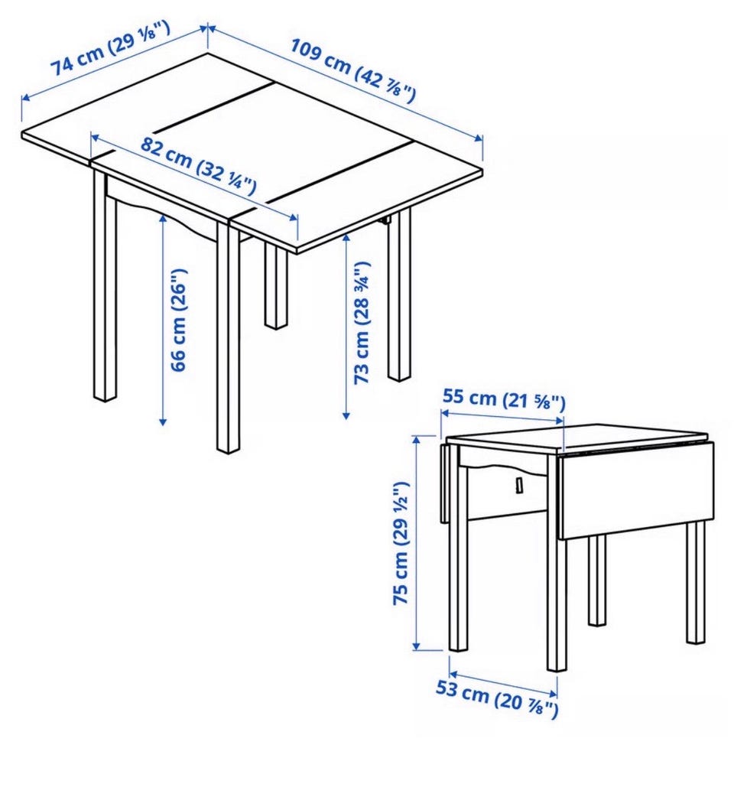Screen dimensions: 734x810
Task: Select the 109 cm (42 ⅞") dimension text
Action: click(352, 70)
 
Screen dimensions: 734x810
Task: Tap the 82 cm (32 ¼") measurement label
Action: click(198, 166)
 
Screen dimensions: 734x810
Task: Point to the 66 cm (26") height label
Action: click(179, 320)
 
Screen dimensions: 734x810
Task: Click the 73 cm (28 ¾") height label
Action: click(362, 323)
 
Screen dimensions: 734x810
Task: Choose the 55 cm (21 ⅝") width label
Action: click(504, 398)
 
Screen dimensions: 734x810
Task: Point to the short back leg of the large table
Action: click(276, 287)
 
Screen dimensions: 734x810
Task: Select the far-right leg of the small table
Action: click(696, 582)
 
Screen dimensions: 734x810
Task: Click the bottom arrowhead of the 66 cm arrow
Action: click(163, 421)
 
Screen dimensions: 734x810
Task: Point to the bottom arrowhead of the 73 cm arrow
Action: click(346, 414)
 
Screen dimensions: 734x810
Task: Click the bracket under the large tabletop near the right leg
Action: click(385, 220)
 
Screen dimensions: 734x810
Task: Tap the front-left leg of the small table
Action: click(457, 547)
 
